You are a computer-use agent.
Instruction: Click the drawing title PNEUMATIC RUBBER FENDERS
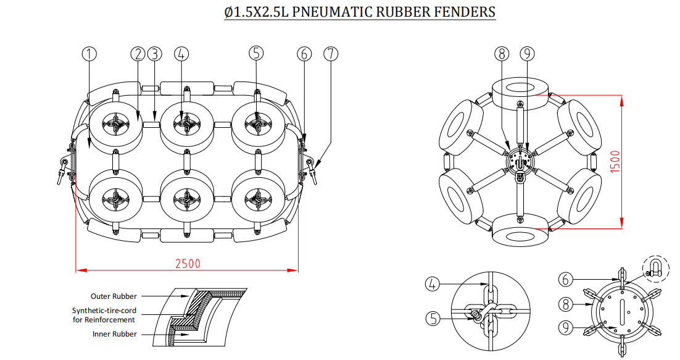[x=360, y=12]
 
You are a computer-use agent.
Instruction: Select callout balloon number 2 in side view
[x=137, y=54]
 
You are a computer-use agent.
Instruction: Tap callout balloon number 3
[x=154, y=54]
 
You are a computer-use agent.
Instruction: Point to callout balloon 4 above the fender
[x=181, y=54]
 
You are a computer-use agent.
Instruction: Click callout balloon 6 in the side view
[x=304, y=54]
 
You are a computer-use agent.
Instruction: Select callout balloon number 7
[x=331, y=54]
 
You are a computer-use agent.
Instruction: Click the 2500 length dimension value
[x=188, y=263]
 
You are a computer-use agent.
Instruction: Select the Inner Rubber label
[x=115, y=334]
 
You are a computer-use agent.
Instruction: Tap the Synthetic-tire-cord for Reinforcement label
[x=103, y=315]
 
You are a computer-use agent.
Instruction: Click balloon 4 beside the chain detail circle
[x=434, y=285]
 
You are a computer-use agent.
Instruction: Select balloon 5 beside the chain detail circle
[x=434, y=319]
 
